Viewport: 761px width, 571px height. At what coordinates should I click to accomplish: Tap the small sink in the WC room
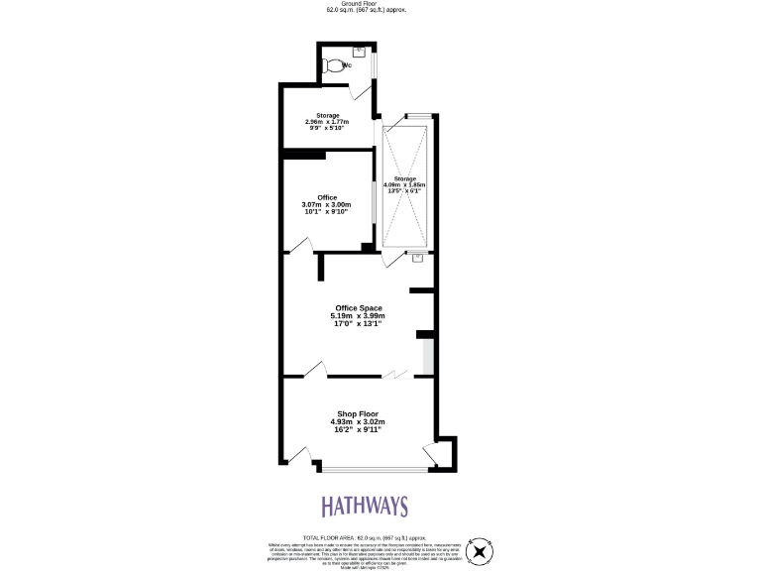pos(360,49)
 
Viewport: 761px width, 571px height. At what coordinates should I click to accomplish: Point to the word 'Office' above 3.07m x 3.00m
pos(327,197)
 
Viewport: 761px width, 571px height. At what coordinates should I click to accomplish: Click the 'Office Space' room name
pos(359,308)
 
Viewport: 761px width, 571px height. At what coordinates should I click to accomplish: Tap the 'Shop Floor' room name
pos(357,413)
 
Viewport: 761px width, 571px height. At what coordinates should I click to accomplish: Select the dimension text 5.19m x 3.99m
pos(359,316)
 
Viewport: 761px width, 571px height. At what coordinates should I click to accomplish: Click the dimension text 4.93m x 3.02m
pos(357,421)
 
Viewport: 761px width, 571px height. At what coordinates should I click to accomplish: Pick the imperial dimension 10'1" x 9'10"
pos(327,212)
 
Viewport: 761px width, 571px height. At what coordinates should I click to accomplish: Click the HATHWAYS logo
pos(364,507)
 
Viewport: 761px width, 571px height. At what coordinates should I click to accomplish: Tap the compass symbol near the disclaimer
pos(481,551)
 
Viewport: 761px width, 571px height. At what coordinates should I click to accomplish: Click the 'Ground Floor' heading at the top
pos(366,4)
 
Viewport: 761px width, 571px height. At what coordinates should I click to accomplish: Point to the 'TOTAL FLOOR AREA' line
pos(365,536)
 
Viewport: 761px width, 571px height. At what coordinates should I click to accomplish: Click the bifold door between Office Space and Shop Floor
pos(395,374)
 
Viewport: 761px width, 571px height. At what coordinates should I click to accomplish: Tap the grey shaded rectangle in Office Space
pos(428,357)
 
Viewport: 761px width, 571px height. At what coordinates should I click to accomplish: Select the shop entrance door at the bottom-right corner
pos(431,455)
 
